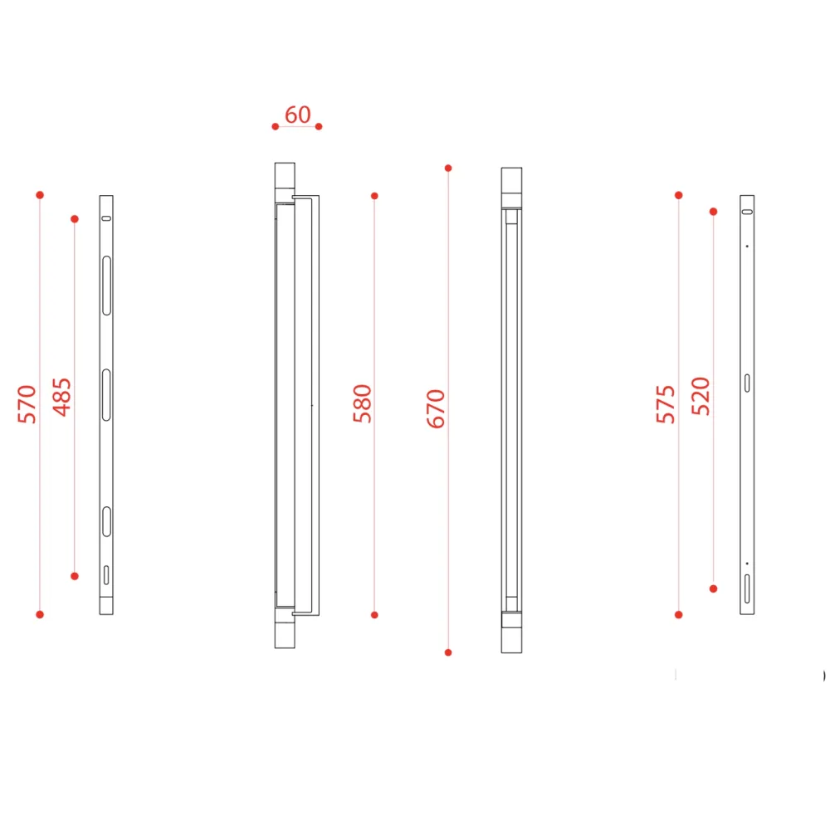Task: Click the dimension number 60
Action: [297, 115]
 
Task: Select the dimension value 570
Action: [27, 404]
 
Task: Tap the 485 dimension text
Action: [62, 397]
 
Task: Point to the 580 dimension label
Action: [363, 403]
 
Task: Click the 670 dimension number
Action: [437, 408]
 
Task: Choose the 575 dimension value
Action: [666, 404]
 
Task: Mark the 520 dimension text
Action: [701, 396]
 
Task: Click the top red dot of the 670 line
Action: [448, 168]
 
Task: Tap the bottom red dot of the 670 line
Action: [448, 652]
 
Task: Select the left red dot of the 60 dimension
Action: [276, 126]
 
